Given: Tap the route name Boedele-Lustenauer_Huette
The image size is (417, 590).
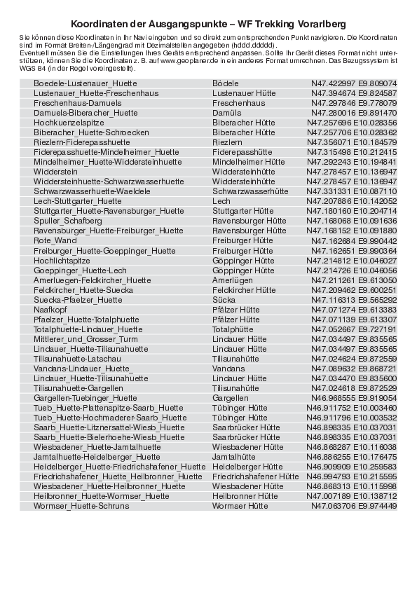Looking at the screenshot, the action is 86,83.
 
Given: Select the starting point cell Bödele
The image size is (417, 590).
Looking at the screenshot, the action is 226,83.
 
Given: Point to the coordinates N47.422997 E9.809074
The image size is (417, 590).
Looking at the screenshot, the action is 354,83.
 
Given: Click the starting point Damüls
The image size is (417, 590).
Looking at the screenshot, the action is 226,113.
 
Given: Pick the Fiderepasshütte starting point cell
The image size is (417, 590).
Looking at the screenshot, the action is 242,152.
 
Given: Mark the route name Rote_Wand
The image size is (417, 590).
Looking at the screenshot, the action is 55,240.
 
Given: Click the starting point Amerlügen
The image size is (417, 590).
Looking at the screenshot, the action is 232,280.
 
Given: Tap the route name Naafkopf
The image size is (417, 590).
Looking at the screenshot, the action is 50,309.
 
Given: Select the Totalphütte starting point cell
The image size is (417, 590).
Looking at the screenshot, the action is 233,329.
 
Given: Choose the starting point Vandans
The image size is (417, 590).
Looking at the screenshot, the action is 228,368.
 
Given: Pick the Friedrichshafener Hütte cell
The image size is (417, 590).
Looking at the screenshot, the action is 255,476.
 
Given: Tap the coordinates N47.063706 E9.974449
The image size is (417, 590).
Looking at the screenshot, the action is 354,505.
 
